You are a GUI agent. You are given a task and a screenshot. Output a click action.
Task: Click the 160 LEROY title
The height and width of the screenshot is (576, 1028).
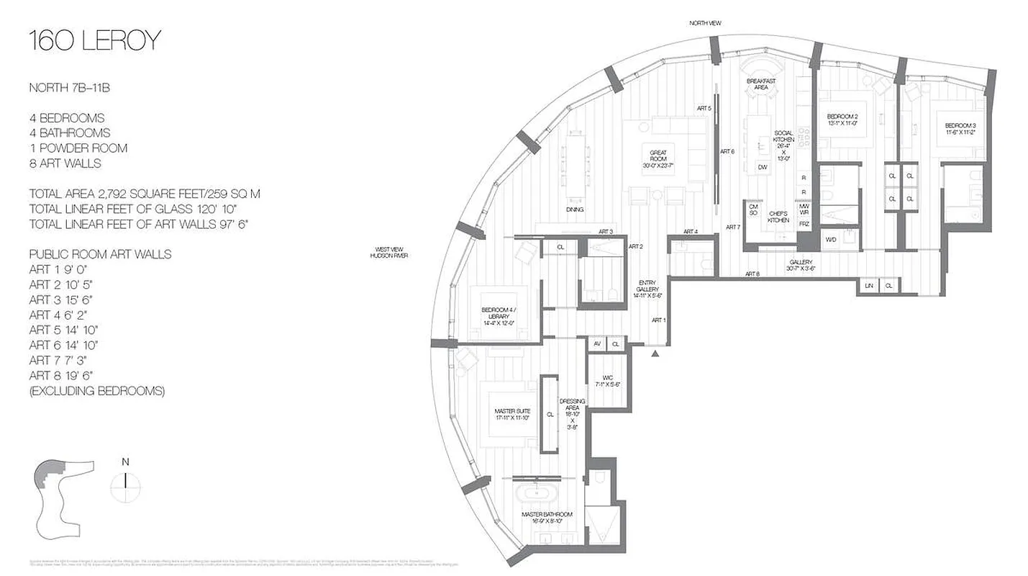tap(94, 42)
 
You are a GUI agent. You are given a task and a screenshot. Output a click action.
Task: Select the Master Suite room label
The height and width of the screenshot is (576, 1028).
tap(511, 414)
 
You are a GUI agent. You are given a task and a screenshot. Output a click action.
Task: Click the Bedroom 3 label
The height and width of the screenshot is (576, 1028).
tap(960, 129)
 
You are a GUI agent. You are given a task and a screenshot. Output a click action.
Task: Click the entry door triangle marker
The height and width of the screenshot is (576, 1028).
tap(655, 354)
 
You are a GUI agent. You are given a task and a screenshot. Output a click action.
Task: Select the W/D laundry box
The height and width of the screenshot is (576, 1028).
tap(831, 239)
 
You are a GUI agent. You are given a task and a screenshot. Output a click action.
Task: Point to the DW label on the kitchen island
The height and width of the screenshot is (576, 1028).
tap(763, 168)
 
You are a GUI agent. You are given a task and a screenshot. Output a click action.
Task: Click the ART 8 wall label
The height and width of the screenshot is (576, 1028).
tap(752, 274)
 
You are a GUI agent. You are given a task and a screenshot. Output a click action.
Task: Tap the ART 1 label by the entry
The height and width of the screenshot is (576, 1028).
tap(658, 320)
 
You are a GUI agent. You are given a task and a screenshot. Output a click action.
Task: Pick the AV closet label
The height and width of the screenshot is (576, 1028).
tap(597, 345)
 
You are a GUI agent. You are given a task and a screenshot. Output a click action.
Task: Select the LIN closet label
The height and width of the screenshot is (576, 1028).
tap(868, 286)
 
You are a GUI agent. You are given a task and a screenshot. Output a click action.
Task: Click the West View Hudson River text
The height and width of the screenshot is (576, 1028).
tap(388, 253)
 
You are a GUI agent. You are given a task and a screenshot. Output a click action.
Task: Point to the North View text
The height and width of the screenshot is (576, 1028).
tap(704, 23)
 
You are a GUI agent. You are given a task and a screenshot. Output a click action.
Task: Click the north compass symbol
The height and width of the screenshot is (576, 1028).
tap(126, 481)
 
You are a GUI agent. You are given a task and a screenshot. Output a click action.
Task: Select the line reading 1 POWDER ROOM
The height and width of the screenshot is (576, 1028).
tap(78, 148)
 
